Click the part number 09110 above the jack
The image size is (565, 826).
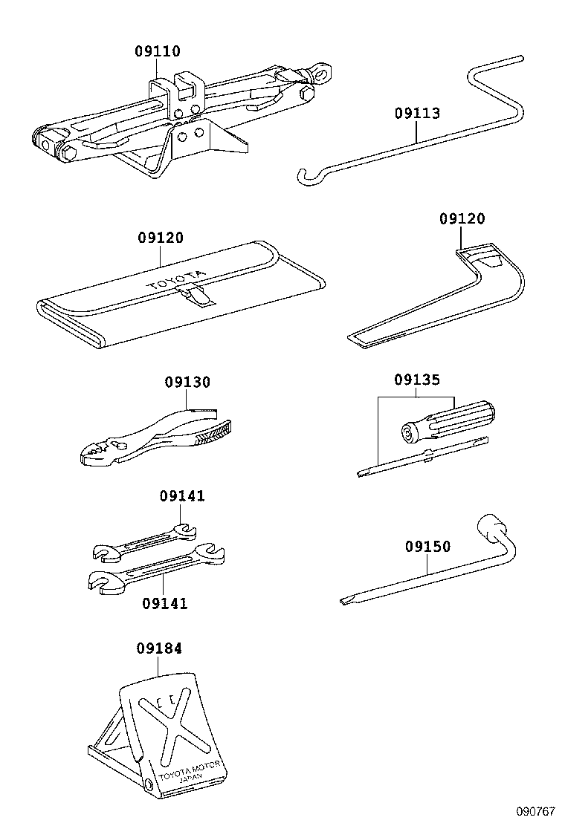[x=158, y=52]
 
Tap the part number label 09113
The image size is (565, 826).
[x=417, y=114]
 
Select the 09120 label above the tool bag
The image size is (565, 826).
[x=160, y=238]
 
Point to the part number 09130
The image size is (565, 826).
[x=187, y=383]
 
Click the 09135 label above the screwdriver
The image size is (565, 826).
[x=417, y=380]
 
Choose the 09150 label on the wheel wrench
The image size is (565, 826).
[x=427, y=547]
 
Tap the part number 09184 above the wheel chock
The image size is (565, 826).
[x=158, y=648]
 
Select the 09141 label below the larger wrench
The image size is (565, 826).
[x=164, y=603]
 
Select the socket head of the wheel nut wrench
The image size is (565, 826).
[x=491, y=528]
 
